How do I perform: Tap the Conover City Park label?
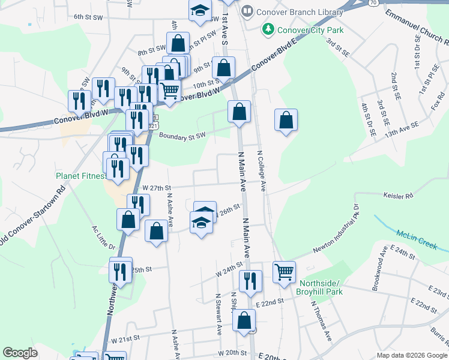tap(302, 29)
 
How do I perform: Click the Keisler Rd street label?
tap(398, 196)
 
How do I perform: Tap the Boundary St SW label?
tap(182, 135)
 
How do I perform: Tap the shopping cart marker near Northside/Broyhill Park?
tap(284, 271)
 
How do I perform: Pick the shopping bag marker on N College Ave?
tap(286, 119)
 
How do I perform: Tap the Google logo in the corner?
tap(20, 353)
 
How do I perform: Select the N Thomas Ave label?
tap(321, 322)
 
